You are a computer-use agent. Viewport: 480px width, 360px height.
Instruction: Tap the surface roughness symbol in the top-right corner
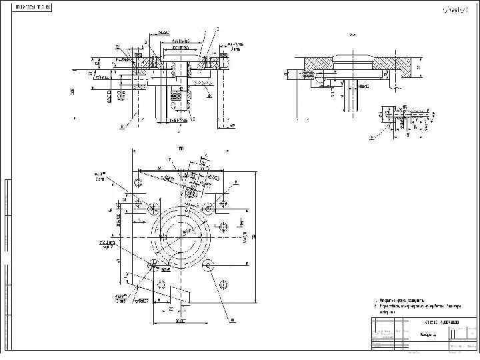click(x=455, y=9)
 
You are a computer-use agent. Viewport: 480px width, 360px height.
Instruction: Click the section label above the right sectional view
click(x=352, y=34)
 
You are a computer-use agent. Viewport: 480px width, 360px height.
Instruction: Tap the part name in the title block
click(x=428, y=335)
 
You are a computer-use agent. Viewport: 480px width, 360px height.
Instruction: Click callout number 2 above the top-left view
click(x=145, y=42)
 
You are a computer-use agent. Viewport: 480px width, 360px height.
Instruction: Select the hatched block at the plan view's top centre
click(x=192, y=191)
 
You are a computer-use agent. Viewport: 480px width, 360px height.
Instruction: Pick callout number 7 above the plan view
click(x=170, y=159)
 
